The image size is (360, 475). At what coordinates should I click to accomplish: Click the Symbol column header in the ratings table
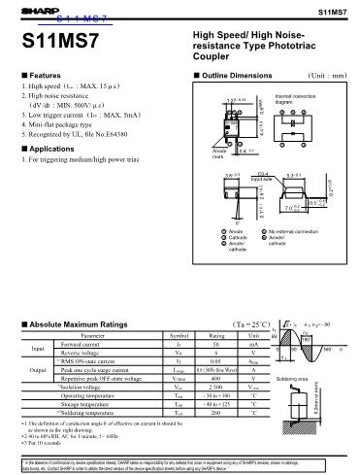[x=179, y=335]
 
